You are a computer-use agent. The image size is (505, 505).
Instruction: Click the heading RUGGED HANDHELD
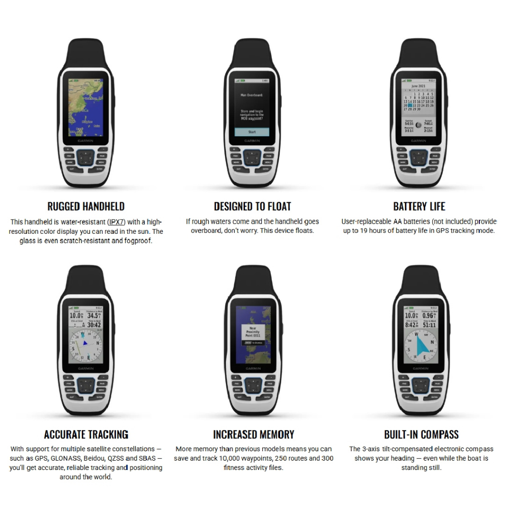click(86, 206)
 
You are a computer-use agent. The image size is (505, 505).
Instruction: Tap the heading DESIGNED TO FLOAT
click(252, 206)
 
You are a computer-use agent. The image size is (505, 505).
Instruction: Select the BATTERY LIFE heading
click(419, 206)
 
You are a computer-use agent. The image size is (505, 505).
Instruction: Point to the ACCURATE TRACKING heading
click(86, 434)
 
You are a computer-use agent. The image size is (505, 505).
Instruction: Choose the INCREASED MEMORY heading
click(253, 434)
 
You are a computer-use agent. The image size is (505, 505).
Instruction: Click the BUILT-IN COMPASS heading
click(421, 434)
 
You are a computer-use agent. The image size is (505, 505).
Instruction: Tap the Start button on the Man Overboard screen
click(252, 132)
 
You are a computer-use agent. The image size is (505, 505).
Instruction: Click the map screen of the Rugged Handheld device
click(86, 108)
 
